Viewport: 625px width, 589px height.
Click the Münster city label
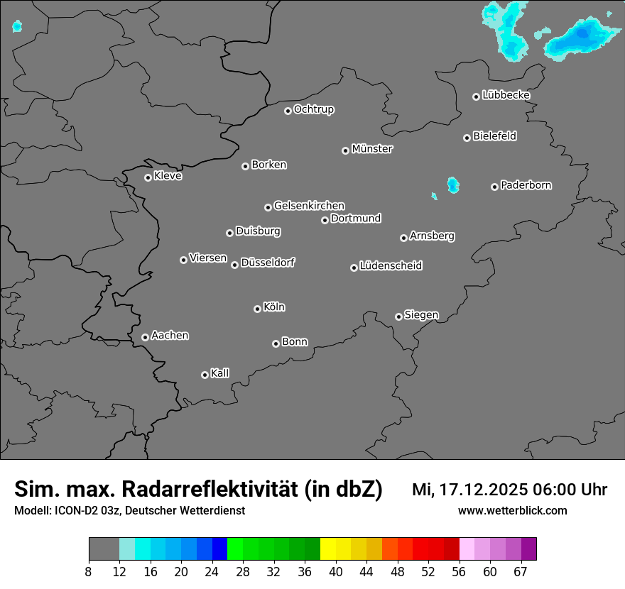(x=371, y=149)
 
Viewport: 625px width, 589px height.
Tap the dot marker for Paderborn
(x=494, y=187)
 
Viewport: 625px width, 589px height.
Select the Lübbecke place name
(x=506, y=95)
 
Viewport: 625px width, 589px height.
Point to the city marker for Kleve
(x=148, y=177)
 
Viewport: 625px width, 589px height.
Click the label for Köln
(x=273, y=307)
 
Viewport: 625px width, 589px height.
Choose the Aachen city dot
(x=145, y=337)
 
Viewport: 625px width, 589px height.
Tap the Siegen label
(x=421, y=315)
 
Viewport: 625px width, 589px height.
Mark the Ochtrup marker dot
(x=288, y=111)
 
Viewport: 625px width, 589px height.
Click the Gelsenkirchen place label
(x=309, y=206)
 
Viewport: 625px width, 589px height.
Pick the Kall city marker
(x=205, y=375)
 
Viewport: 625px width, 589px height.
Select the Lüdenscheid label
(x=391, y=266)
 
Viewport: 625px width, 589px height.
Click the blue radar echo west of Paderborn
(x=452, y=185)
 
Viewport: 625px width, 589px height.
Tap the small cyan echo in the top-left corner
(x=17, y=27)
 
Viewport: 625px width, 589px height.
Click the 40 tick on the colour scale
(x=336, y=571)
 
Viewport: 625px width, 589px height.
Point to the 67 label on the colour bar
(x=521, y=571)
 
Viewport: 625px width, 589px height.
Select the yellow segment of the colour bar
(x=327, y=549)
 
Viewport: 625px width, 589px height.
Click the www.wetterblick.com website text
(x=512, y=511)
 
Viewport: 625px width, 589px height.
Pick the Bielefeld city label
(x=494, y=136)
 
